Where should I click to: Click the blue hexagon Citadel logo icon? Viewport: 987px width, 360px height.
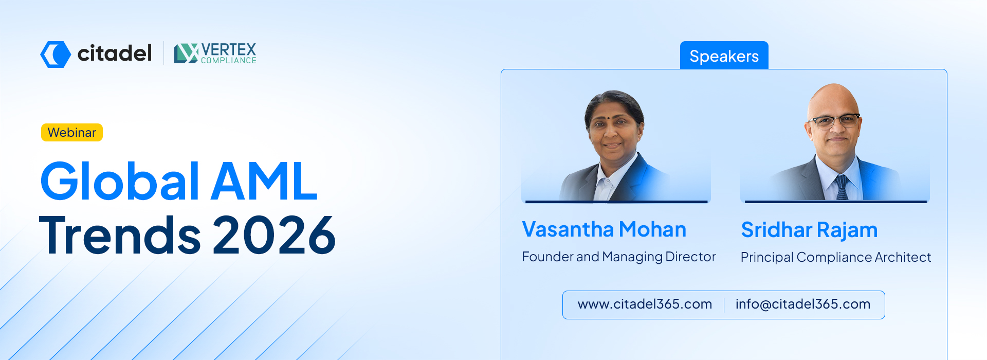coord(56,54)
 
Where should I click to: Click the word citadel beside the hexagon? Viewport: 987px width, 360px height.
coord(115,53)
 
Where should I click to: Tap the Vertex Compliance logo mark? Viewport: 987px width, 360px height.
coord(186,53)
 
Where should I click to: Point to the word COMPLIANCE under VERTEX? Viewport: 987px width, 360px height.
coord(229,61)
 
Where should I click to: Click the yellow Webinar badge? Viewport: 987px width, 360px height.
coord(72,132)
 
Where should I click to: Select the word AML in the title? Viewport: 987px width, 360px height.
coord(265,181)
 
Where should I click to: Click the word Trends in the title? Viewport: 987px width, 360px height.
coord(120,235)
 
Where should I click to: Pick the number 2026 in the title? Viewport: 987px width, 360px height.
coord(275,235)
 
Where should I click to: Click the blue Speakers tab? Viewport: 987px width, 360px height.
coord(724,56)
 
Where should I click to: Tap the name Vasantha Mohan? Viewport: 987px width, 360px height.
coord(604,229)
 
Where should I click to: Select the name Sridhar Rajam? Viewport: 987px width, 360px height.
coord(809,230)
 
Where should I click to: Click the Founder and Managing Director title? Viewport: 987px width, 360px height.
coord(619,257)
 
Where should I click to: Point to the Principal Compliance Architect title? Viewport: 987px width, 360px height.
coord(836,257)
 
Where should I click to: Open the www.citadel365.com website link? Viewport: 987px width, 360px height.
coord(645,304)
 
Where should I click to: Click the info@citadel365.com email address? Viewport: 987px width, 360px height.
coord(803,304)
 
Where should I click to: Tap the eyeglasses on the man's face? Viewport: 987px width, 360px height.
coord(833,121)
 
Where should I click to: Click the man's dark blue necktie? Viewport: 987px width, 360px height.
coord(842,187)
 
